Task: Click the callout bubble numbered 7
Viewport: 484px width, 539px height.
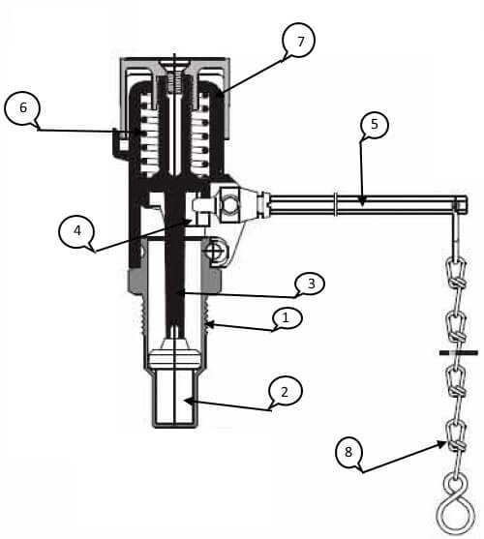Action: click(x=298, y=41)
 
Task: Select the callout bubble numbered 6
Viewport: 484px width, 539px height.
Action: click(x=22, y=108)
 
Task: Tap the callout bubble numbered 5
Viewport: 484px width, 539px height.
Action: click(x=375, y=125)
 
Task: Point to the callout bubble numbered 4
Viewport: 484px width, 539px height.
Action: click(x=76, y=231)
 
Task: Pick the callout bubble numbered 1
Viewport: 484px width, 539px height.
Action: click(x=286, y=318)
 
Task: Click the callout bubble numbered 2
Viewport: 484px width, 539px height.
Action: click(x=286, y=392)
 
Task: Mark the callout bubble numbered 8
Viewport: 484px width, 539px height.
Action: click(x=348, y=452)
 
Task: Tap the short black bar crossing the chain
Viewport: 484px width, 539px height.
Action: click(x=459, y=352)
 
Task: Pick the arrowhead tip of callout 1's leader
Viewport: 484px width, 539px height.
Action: click(x=206, y=323)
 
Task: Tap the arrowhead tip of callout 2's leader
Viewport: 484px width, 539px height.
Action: click(x=184, y=400)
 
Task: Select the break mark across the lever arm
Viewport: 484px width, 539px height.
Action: click(x=335, y=204)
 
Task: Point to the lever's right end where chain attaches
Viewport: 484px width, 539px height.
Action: click(x=461, y=204)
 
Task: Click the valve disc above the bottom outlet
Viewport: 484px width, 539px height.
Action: click(x=174, y=358)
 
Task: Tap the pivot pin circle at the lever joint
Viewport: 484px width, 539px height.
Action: click(x=230, y=205)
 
